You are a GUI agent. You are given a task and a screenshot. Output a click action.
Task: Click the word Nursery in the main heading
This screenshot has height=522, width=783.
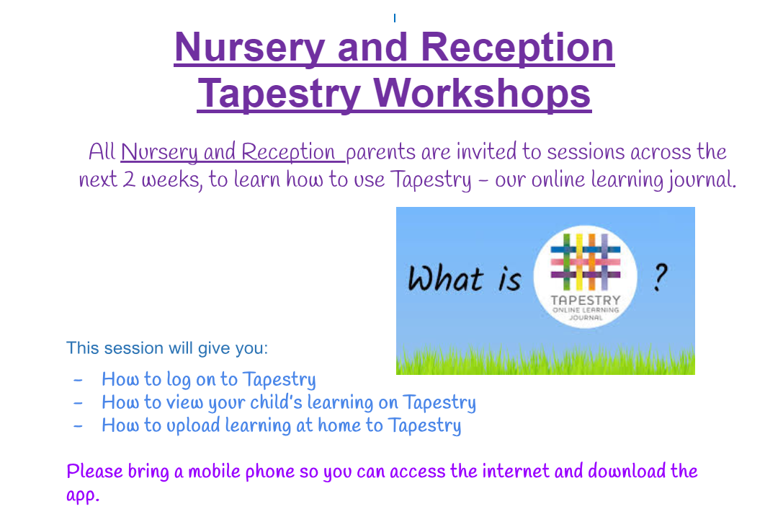click(x=250, y=48)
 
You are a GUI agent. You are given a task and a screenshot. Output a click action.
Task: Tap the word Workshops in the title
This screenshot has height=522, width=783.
click(x=482, y=94)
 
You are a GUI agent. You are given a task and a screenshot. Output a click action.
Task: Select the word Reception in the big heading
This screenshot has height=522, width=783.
click(x=517, y=48)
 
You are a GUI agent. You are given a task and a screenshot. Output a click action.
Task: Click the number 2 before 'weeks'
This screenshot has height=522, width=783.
click(x=129, y=180)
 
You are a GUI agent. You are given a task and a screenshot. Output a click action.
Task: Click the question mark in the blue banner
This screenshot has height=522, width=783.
click(x=660, y=278)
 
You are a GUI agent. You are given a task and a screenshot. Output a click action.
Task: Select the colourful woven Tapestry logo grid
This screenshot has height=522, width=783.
click(x=585, y=262)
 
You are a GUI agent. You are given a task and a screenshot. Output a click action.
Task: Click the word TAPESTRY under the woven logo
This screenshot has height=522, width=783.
click(x=585, y=300)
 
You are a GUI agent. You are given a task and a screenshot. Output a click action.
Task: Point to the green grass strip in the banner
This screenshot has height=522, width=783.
click(x=545, y=360)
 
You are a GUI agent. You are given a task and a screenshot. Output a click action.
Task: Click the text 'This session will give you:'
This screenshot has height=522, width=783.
click(x=167, y=348)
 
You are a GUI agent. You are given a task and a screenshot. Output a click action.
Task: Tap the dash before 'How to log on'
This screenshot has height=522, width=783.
click(x=78, y=380)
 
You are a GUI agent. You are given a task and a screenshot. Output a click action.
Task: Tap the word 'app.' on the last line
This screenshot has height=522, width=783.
click(x=83, y=495)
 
